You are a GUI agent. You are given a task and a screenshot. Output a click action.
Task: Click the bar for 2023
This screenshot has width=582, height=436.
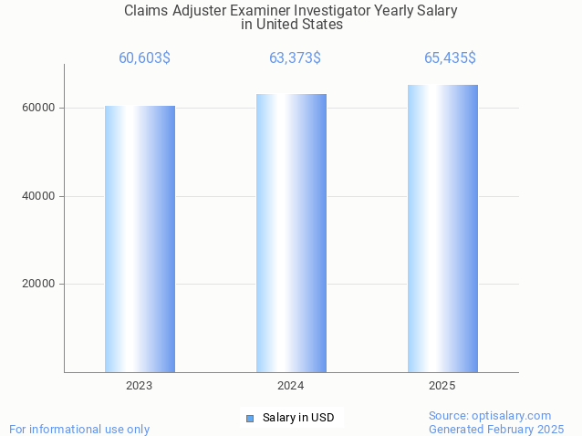pos(140,239)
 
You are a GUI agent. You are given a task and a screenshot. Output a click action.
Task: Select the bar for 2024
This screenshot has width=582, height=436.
pos(291,233)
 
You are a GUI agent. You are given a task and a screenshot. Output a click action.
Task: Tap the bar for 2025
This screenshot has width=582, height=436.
pos(442,228)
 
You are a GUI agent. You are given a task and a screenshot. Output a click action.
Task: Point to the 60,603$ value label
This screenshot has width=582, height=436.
pos(144,58)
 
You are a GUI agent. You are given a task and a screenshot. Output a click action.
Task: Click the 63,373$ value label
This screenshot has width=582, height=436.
pos(295,58)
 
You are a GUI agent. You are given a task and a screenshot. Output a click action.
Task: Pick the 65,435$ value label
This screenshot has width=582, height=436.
pos(450,58)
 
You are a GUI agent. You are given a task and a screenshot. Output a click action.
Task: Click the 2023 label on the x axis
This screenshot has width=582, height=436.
pos(140,386)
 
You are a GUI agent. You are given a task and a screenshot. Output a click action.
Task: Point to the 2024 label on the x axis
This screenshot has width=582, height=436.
pos(291,386)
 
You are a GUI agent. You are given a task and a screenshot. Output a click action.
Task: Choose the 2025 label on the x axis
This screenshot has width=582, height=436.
pos(442,386)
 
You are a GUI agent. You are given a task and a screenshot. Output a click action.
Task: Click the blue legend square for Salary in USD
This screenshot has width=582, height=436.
pos(249,419)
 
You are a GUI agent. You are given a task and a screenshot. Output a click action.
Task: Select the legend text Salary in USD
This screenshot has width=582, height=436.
pos(298,419)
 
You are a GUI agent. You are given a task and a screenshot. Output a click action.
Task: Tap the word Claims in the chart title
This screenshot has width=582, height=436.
pos(145,11)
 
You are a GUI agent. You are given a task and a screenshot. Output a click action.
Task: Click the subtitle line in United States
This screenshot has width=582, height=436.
pos(292,25)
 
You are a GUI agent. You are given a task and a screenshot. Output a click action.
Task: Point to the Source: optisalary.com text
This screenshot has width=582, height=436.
pos(490,415)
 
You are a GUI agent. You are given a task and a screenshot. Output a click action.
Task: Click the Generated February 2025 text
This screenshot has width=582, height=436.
pos(496,429)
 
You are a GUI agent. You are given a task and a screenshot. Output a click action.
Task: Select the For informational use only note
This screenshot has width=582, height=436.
pos(79,429)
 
